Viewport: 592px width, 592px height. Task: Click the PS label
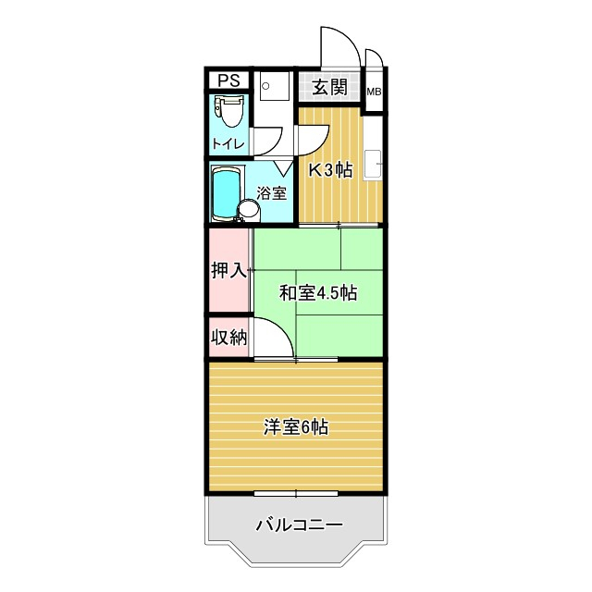click(228, 80)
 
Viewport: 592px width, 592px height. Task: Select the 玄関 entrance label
click(327, 88)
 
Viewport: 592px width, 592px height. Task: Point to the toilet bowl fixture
click(228, 112)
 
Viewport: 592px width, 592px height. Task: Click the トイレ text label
click(228, 143)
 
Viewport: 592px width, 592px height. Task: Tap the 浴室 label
click(272, 194)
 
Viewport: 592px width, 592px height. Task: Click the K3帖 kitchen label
click(330, 170)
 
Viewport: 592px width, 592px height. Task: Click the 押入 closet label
click(228, 271)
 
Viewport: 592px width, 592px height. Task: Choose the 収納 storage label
click(228, 338)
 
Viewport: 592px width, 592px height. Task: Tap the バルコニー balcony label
click(299, 524)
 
